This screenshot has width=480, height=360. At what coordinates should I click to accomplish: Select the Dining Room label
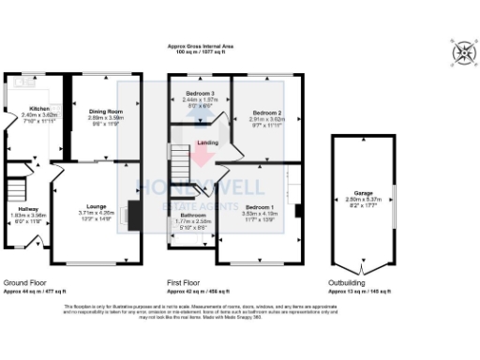click(x=106, y=112)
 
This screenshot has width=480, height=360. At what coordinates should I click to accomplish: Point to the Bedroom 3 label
click(x=200, y=94)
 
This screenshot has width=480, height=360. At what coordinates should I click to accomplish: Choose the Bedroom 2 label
click(x=266, y=113)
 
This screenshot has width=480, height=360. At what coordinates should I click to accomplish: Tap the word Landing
click(x=207, y=142)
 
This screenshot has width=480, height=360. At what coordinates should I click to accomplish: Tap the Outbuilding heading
click(x=348, y=282)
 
